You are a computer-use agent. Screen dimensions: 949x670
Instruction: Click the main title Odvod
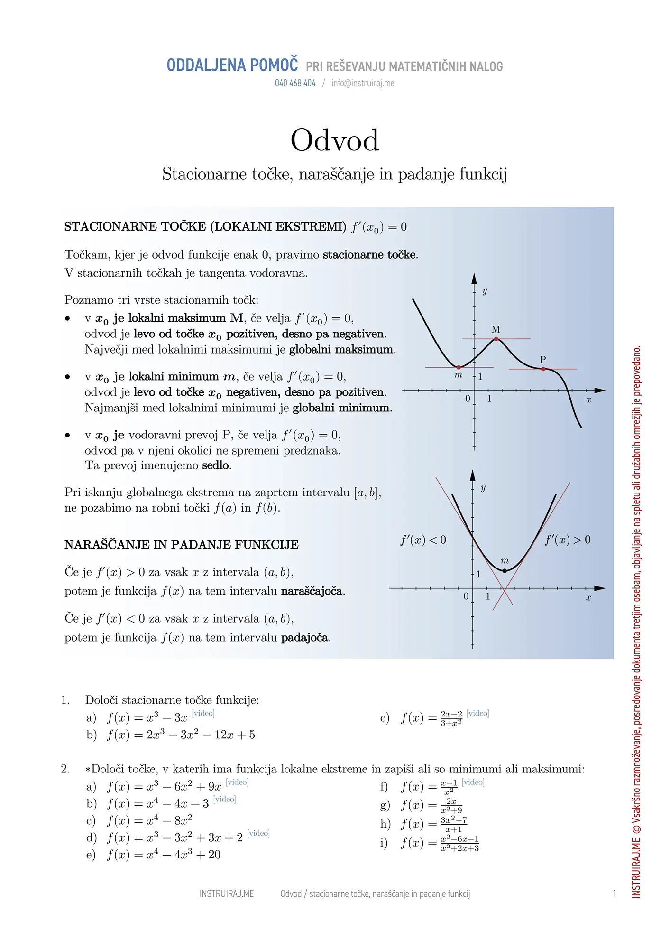coord(335,140)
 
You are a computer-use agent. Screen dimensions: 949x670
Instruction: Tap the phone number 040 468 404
coord(295,83)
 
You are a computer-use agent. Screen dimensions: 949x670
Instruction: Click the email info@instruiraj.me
coord(363,83)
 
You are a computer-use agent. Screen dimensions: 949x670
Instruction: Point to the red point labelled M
coord(496,339)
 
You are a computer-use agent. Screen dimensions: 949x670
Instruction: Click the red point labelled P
coord(543,369)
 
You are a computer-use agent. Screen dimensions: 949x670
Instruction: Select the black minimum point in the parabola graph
coord(505,571)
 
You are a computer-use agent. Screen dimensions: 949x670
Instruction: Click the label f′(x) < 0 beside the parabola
coord(423,540)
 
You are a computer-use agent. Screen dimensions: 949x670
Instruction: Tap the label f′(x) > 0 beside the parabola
coord(568,540)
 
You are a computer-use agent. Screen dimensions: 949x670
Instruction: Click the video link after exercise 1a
coord(203,713)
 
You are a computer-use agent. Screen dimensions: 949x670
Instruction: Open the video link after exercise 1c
coord(477,713)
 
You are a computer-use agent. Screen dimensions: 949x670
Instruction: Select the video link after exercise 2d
coord(258,833)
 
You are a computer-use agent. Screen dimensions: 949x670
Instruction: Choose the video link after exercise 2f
coord(473,782)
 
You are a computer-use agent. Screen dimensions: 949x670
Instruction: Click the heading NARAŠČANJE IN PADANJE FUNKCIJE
coord(182,545)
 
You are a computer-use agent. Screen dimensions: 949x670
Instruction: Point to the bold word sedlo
coord(216,465)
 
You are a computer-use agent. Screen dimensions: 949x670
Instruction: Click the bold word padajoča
coord(305,638)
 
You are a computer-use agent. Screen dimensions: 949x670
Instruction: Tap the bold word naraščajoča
coord(312,591)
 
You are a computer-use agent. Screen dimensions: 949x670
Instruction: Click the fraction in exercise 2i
coord(459,844)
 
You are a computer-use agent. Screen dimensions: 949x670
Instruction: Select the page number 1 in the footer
coord(614,894)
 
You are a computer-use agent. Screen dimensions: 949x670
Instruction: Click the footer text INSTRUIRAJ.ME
coord(227,894)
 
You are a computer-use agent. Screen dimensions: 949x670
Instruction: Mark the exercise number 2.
coord(65,769)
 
